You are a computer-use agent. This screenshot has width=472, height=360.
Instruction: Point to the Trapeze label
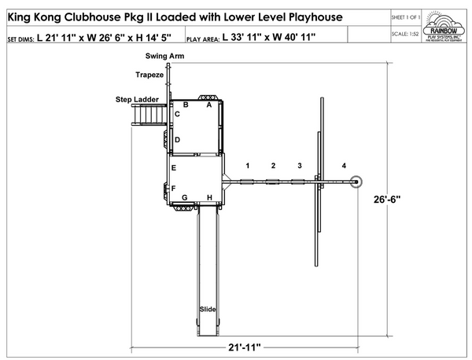point(149,75)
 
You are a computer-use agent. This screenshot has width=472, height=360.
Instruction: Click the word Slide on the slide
point(208,309)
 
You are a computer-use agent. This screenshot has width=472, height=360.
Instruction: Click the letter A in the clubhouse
point(209,104)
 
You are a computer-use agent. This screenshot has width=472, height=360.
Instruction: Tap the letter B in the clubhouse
point(186,104)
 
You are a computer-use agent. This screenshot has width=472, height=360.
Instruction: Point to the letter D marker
point(178,140)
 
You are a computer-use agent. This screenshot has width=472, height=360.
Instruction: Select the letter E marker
point(174,168)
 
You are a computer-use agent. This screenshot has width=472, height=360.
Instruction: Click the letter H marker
point(209,197)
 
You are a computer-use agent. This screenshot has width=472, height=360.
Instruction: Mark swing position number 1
point(248,166)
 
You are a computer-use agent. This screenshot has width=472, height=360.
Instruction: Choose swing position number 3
point(299,166)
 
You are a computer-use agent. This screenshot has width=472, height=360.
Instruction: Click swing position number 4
point(344,166)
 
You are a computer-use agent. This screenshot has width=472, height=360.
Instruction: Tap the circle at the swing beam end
point(356,182)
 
